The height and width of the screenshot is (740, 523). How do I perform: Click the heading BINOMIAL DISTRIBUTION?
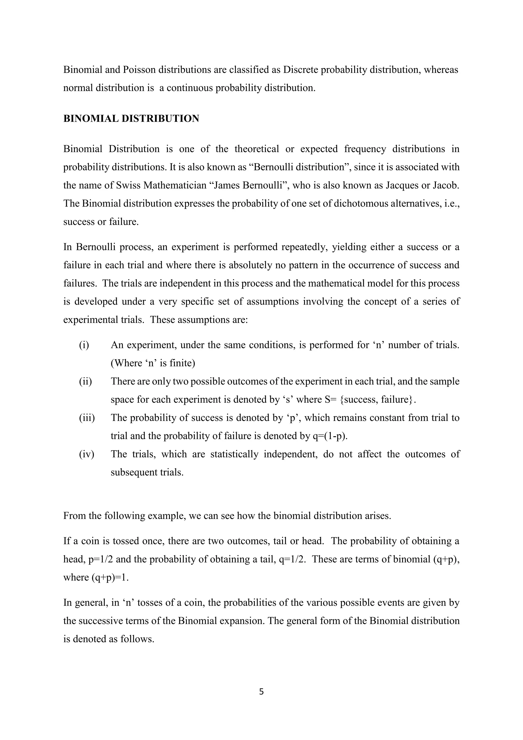click(x=131, y=119)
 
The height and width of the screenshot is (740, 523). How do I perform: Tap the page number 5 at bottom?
click(x=261, y=692)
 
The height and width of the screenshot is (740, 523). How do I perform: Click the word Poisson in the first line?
click(x=139, y=70)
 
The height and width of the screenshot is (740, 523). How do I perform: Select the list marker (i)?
click(x=84, y=345)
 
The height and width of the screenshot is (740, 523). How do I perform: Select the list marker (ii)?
click(x=85, y=381)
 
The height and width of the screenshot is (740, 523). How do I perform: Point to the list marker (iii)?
click(x=87, y=418)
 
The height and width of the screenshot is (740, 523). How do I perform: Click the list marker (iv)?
click(x=87, y=454)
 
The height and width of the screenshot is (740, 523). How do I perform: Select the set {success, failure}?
click(x=375, y=400)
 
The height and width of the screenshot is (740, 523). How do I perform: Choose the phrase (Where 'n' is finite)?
click(x=153, y=363)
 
